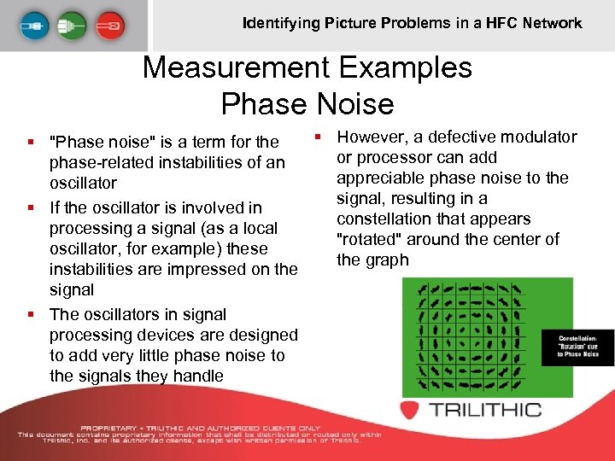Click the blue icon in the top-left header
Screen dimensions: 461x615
point(32,23)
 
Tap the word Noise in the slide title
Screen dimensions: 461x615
point(354,103)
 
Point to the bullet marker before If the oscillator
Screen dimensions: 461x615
point(31,207)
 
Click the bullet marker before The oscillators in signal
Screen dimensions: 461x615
point(31,314)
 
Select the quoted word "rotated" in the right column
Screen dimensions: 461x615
point(372,239)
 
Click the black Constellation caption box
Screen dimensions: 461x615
point(578,346)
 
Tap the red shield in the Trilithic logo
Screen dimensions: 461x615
point(413,410)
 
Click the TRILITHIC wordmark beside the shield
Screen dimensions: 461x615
point(486,410)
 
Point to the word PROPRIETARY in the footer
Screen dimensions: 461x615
point(116,428)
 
